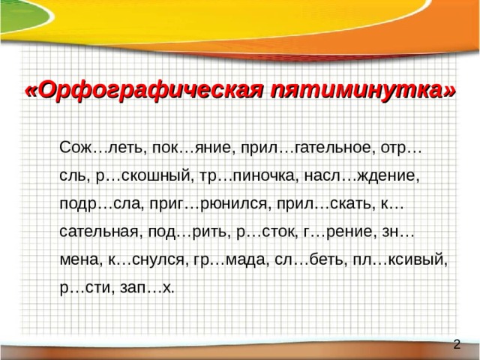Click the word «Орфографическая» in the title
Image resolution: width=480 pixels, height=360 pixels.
tap(143, 91)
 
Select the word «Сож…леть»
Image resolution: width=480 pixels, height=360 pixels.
tap(100, 148)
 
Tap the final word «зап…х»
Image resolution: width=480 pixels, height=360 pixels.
tap(147, 289)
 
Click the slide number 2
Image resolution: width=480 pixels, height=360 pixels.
tap(457, 345)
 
